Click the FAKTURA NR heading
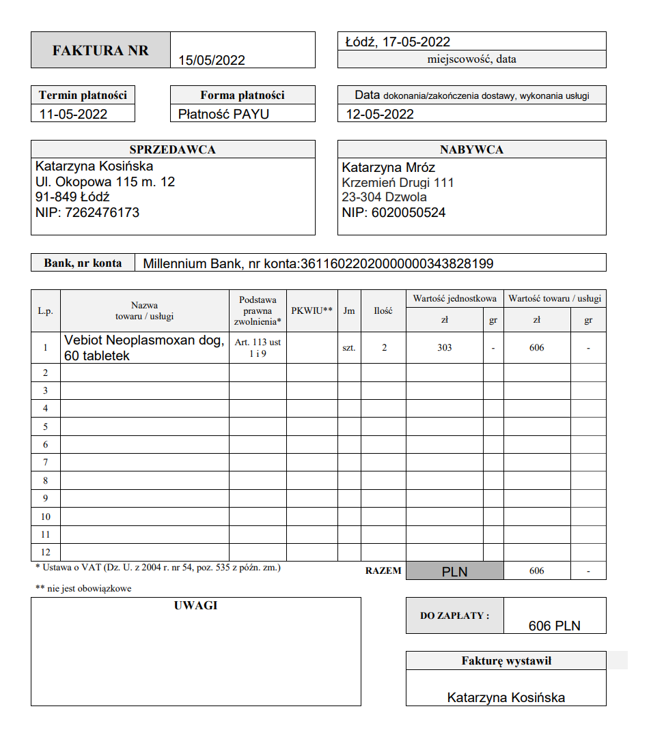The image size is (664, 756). tap(100, 50)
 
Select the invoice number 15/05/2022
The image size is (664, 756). tap(212, 60)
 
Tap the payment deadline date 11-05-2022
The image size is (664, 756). tap(74, 114)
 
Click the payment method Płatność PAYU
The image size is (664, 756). tap(224, 114)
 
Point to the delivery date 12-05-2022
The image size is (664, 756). tap(380, 114)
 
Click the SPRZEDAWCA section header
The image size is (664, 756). tap(173, 149)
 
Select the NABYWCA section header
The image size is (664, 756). tap(471, 149)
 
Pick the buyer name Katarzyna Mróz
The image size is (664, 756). tap(389, 167)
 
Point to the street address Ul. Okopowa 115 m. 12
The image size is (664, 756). tap(105, 181)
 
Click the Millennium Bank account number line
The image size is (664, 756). tap(318, 263)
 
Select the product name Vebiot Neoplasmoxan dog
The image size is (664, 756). tap(144, 340)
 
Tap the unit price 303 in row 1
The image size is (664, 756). tap(445, 348)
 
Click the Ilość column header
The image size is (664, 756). tap(383, 310)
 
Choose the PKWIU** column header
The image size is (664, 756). tap(312, 310)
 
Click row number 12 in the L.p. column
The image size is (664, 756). tap(46, 552)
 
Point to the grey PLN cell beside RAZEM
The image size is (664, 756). tap(454, 571)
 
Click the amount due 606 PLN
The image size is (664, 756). tap(554, 626)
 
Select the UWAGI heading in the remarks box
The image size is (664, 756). tap(195, 605)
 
